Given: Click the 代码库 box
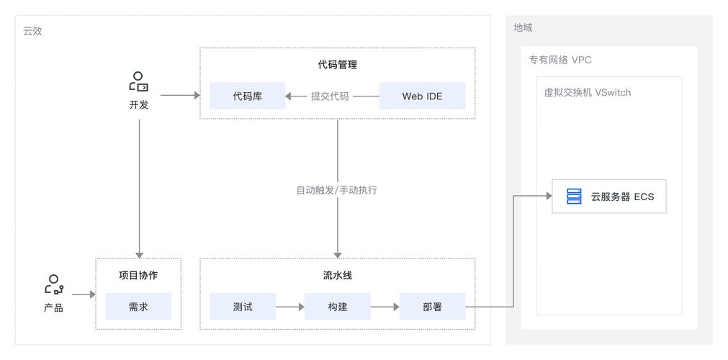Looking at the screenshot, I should tap(247, 96).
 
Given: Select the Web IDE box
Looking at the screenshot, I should tap(422, 96).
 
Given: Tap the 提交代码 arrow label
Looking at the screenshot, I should tap(330, 96).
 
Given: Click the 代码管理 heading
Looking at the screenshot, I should tap(337, 65).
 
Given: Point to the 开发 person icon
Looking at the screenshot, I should tap(139, 82).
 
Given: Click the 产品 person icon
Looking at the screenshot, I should tap(53, 284).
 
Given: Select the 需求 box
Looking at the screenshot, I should tap(138, 307).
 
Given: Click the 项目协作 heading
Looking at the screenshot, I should tap(138, 276).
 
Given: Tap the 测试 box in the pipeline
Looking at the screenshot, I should tap(243, 307).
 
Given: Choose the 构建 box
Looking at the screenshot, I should tap(337, 307).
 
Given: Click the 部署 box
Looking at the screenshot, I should tap(432, 307).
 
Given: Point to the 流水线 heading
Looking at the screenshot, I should tap(337, 276).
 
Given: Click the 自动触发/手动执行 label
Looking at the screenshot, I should tap(337, 191).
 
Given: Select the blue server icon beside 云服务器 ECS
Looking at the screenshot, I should tap(574, 196).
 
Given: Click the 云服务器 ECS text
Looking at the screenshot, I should tap(622, 197).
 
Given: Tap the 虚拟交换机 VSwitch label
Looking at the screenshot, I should tap(587, 93).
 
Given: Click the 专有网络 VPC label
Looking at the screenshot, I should tap(560, 60).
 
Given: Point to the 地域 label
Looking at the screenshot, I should tap(523, 27).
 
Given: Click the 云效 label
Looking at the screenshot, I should tap(32, 31).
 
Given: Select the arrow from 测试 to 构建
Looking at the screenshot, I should tap(289, 307).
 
